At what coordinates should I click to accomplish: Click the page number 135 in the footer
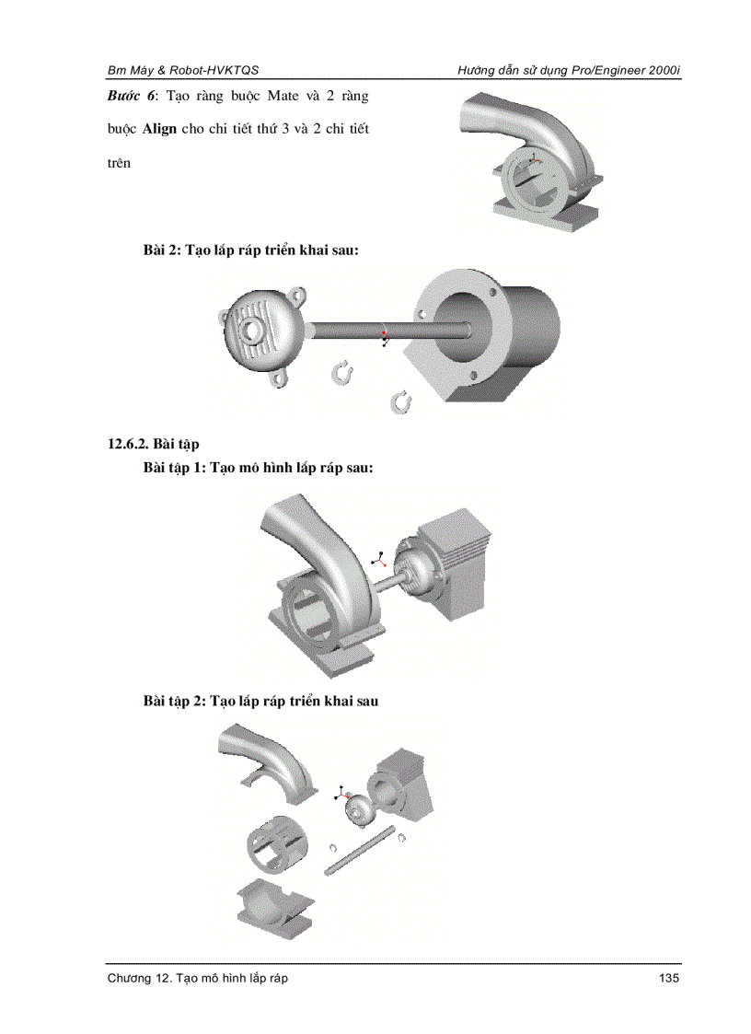point(669,978)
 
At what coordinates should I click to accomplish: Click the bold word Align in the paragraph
point(157,129)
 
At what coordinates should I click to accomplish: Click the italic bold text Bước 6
point(129,96)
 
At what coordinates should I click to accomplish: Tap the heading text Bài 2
point(161,250)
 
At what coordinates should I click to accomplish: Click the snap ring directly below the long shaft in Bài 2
point(342,372)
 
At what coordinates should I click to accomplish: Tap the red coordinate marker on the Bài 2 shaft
point(385,331)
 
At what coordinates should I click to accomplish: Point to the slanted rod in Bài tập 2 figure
point(359,853)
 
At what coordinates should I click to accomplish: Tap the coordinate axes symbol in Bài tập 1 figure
point(378,558)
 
